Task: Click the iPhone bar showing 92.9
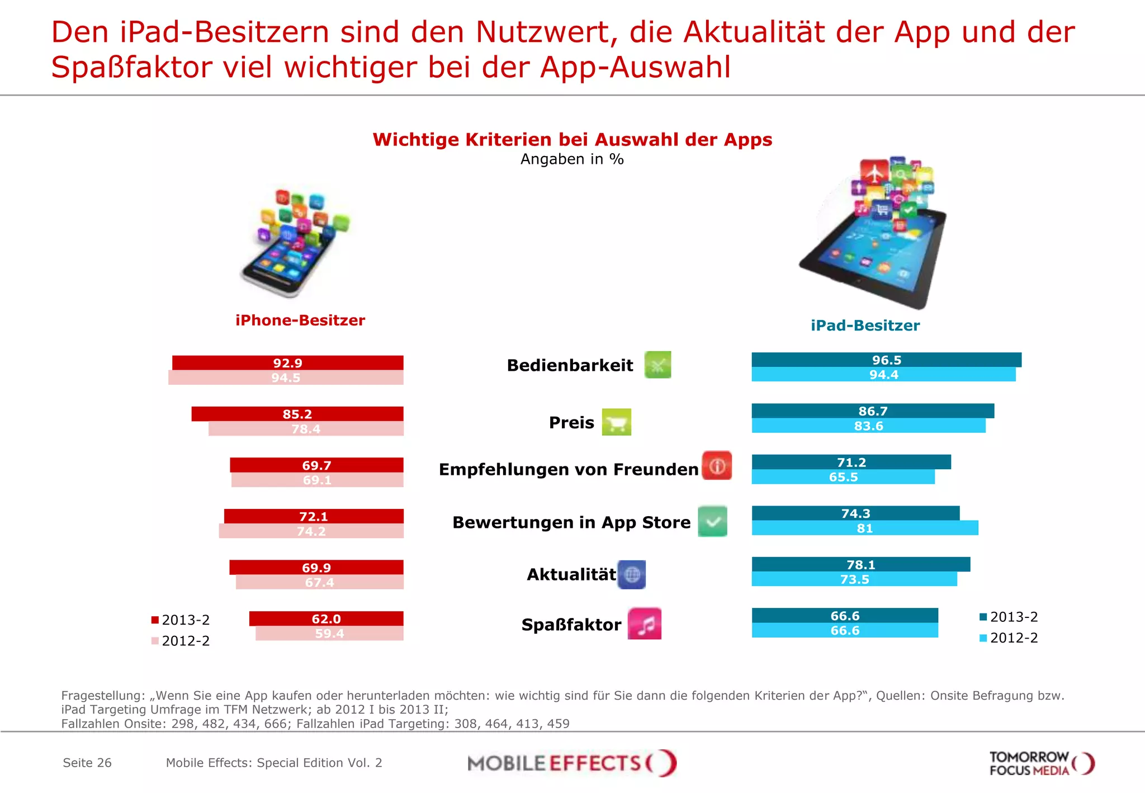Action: point(287,362)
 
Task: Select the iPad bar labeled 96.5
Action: point(886,360)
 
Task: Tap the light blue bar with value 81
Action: point(864,528)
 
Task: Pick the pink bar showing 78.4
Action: point(306,429)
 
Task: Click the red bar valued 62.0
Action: point(326,619)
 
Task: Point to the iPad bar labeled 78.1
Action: point(860,564)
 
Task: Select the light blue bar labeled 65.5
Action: point(843,477)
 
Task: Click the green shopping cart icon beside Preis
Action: point(616,422)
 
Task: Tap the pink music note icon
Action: point(645,624)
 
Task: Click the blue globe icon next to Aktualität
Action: point(632,574)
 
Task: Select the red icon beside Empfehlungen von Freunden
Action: point(717,466)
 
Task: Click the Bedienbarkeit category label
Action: point(570,365)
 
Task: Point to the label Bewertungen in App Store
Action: point(571,522)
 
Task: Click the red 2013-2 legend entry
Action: point(181,620)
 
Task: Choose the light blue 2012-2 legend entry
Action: point(1009,638)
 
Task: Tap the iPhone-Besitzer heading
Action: point(300,320)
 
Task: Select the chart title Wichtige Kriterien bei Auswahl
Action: point(572,139)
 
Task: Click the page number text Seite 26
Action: point(87,763)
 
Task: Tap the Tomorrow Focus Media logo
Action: point(1041,763)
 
